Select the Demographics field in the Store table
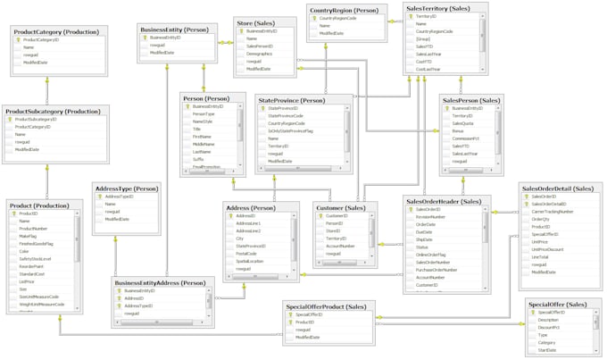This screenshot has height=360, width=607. (x=260, y=54)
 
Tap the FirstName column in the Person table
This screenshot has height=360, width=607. (x=204, y=136)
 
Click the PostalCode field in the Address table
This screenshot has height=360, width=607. (x=247, y=254)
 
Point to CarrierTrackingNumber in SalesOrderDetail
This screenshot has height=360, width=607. (x=553, y=212)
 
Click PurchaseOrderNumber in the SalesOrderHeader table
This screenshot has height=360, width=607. (x=437, y=269)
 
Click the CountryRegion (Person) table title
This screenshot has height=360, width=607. (x=344, y=10)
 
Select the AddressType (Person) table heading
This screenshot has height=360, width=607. (x=126, y=188)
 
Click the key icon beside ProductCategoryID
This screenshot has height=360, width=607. (x=18, y=40)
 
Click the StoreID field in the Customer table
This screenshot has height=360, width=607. (x=335, y=230)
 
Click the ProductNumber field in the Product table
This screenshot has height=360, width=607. (x=34, y=229)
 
